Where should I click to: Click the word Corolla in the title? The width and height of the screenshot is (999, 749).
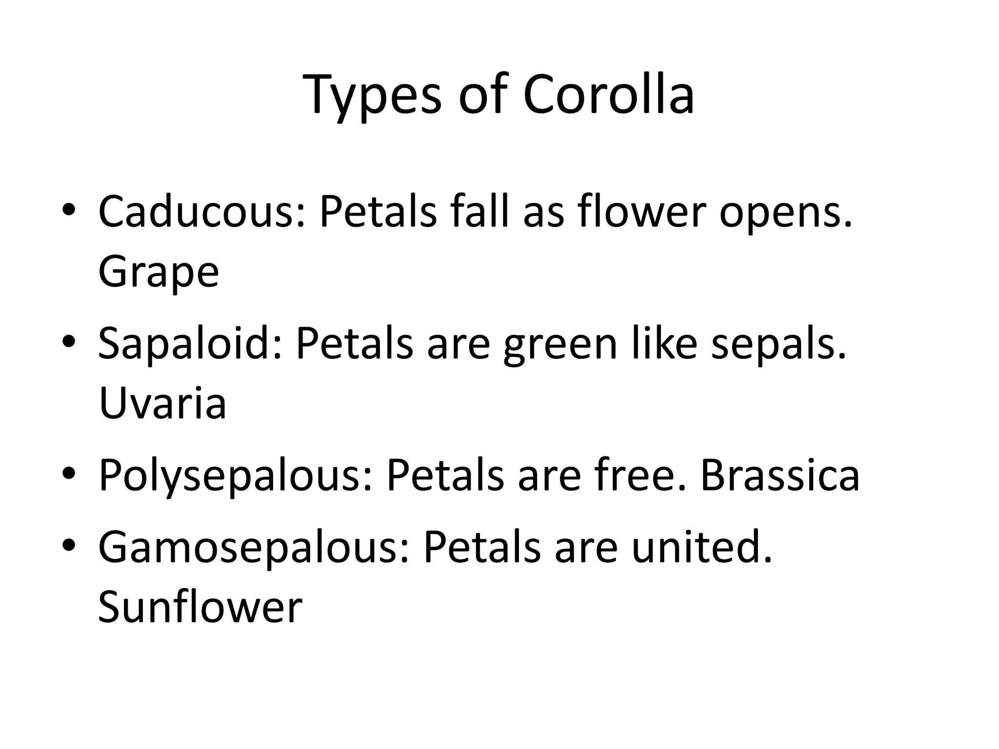[608, 94]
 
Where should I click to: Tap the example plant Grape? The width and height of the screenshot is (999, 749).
[159, 272]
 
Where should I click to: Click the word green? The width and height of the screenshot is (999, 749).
[560, 343]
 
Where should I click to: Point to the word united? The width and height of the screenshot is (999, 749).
[702, 547]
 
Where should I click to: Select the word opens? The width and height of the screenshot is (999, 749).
[786, 212]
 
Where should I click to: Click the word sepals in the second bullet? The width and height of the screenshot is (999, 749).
[778, 343]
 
